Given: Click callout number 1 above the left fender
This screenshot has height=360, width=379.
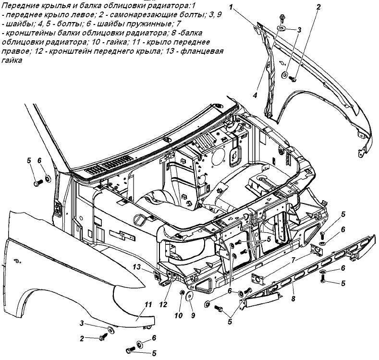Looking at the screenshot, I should tap(231, 7).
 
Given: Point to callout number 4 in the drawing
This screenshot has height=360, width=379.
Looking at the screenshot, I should tap(255, 95).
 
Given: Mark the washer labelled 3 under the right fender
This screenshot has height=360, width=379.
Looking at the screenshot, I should tap(111, 330).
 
